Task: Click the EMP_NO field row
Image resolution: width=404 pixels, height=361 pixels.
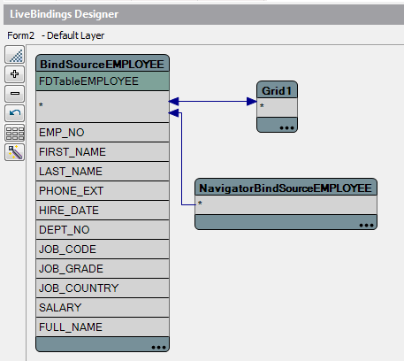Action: (103, 133)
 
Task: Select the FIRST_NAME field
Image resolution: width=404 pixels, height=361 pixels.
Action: (103, 152)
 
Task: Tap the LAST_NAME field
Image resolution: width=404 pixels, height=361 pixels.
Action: (103, 172)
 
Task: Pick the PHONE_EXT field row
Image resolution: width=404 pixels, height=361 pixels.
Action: (103, 191)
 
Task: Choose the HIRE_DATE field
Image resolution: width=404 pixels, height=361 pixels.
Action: (103, 211)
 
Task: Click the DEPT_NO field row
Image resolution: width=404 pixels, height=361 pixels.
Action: (103, 230)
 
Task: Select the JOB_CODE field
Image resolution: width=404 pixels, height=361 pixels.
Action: (103, 250)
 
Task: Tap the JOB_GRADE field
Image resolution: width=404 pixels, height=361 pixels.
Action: (103, 269)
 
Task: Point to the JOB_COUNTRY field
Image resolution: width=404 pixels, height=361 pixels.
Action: (103, 288)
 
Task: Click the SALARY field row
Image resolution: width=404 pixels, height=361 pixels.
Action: (103, 308)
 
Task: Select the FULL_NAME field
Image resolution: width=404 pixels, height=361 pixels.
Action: (103, 327)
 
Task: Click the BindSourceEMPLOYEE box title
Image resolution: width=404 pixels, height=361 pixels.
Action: (102, 65)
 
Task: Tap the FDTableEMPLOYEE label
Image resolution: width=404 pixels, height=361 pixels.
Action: (88, 81)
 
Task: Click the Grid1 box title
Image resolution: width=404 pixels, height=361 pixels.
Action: (277, 91)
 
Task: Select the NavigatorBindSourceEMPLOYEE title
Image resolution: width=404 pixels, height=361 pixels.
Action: (286, 188)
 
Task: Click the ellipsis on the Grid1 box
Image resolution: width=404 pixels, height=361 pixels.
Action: (286, 128)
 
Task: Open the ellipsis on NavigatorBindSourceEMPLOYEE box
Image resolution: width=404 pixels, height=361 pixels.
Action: (366, 226)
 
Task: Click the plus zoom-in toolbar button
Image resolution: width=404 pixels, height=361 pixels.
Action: (15, 73)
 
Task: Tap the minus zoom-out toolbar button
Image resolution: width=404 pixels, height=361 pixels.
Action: (15, 94)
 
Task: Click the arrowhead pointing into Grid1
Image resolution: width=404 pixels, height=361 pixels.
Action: (252, 102)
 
